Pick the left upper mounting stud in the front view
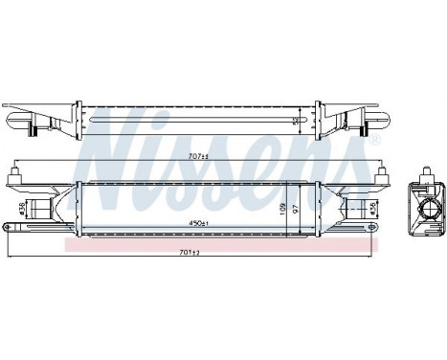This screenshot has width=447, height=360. pos(13,173)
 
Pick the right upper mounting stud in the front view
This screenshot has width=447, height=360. pos(383,173)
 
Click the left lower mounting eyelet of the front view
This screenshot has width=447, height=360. pos(8,227)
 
